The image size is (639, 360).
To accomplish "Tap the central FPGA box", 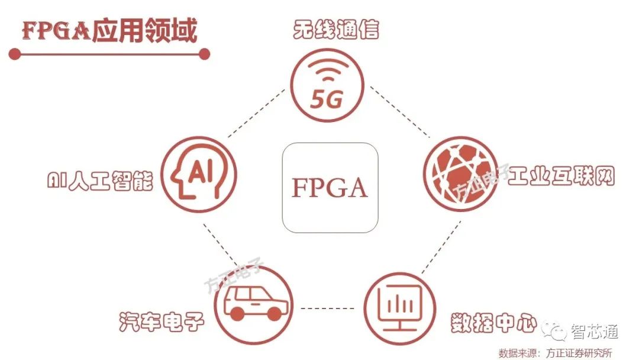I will coord(330,187).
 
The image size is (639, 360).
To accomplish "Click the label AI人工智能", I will coord(99,181).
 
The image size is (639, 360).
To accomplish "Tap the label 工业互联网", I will coord(561,175).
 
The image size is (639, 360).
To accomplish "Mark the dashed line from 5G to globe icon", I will coord(399,112).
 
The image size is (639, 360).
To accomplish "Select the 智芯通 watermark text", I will coord(594,332).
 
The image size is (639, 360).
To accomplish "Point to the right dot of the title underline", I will coord(204,54).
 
